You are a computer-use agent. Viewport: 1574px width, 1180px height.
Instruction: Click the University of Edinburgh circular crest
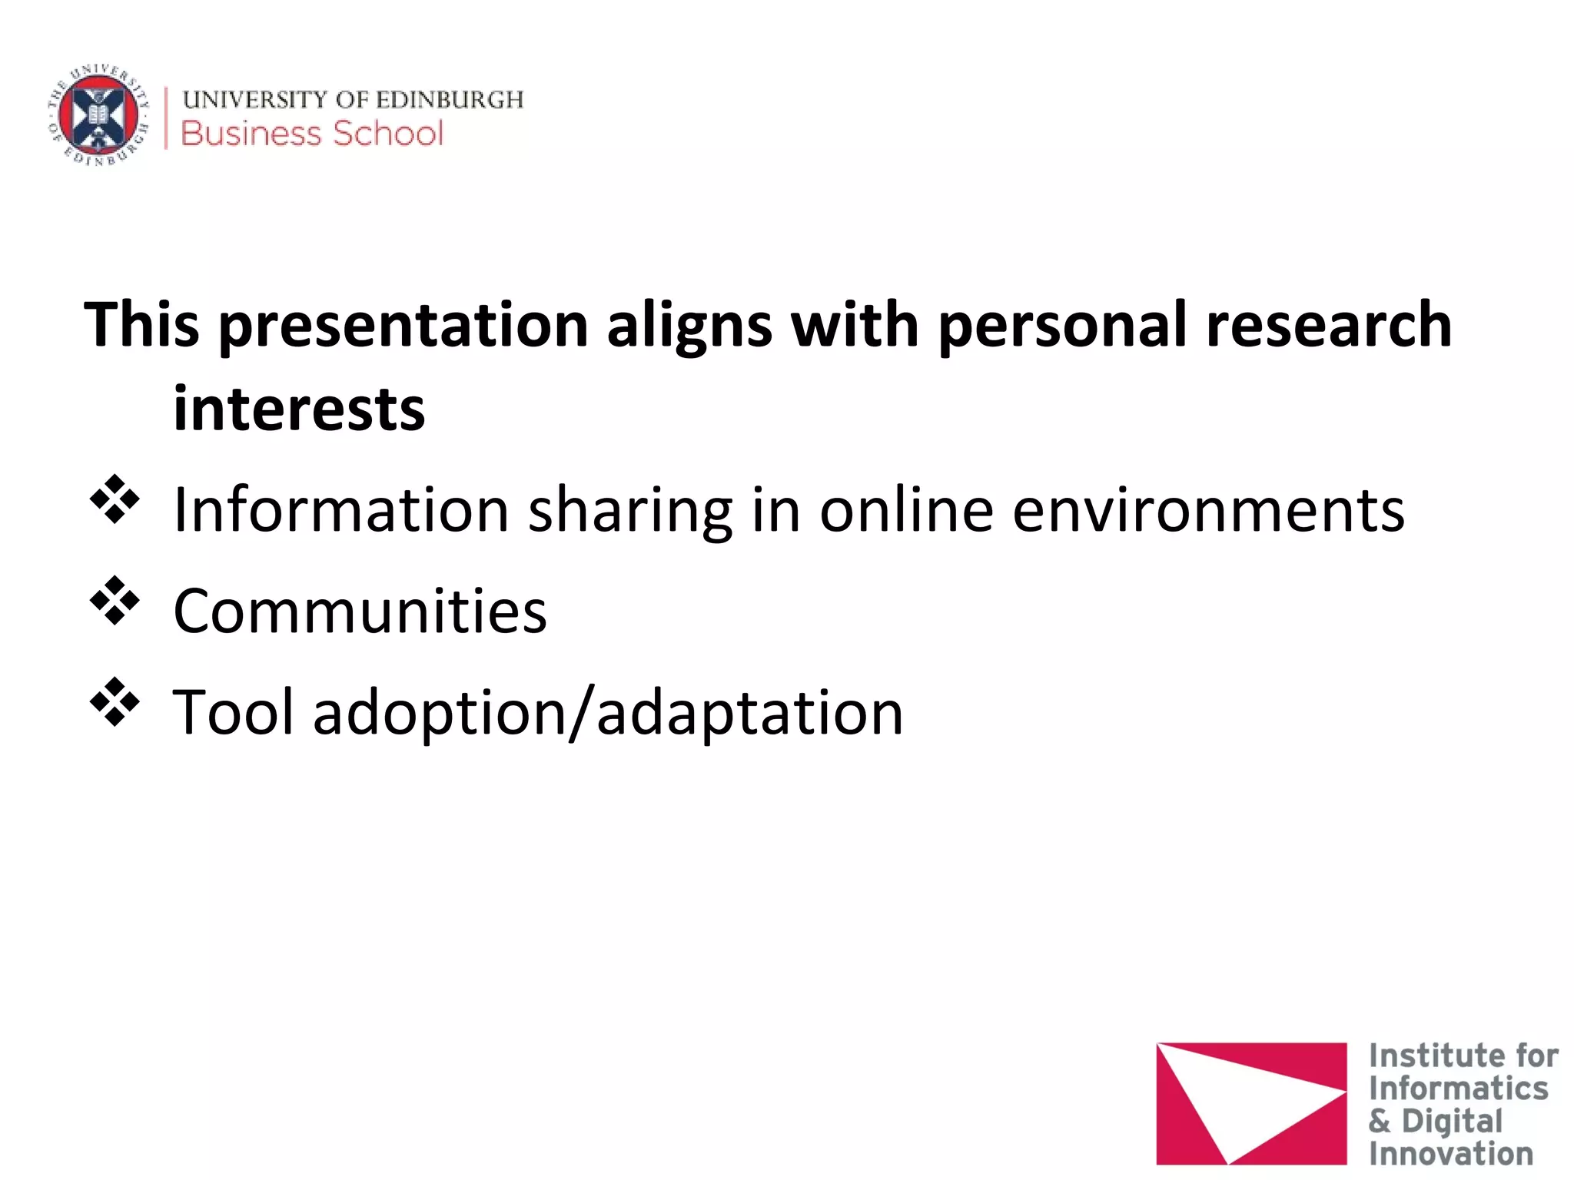click(x=98, y=115)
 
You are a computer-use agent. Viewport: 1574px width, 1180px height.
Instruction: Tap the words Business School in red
click(x=312, y=134)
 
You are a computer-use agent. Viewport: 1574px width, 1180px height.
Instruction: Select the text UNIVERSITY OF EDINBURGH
click(x=353, y=100)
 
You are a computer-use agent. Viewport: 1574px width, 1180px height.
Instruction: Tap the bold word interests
click(x=299, y=409)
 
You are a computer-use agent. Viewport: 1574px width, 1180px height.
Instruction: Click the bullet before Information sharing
click(x=115, y=500)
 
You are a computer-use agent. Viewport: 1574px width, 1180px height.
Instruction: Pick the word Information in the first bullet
click(x=341, y=510)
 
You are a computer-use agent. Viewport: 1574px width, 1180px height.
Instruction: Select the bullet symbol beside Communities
click(x=115, y=601)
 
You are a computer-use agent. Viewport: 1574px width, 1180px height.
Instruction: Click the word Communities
click(x=360, y=611)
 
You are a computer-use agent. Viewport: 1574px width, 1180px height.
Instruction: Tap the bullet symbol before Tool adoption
click(x=115, y=702)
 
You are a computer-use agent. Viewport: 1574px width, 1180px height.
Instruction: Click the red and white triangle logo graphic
click(x=1250, y=1103)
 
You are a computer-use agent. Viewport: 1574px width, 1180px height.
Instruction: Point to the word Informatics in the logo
click(x=1458, y=1089)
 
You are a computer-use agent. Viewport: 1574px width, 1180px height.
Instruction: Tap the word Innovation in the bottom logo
click(x=1450, y=1154)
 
